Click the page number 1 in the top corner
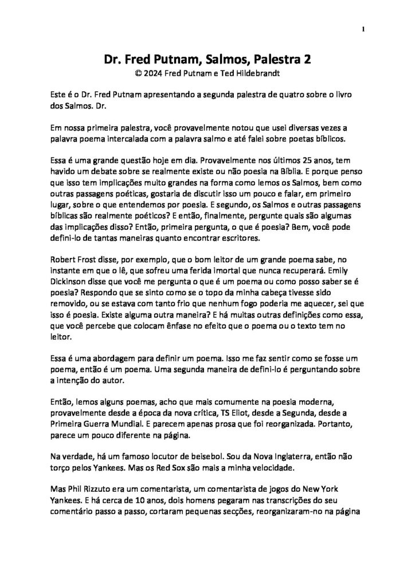(364, 28)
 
